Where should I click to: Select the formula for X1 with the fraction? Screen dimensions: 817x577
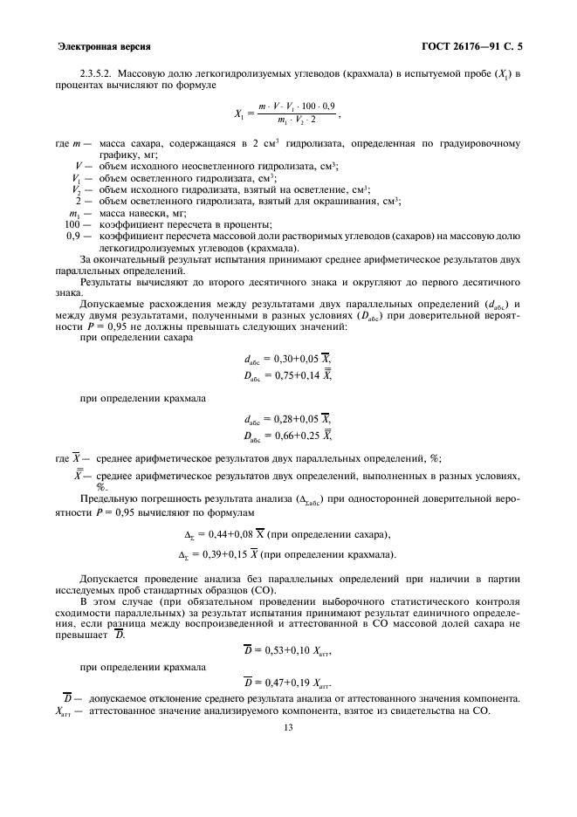[x=287, y=112]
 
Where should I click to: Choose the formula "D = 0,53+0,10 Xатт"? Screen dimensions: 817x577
[x=288, y=651]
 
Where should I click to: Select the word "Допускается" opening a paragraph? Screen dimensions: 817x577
[x=108, y=579]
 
